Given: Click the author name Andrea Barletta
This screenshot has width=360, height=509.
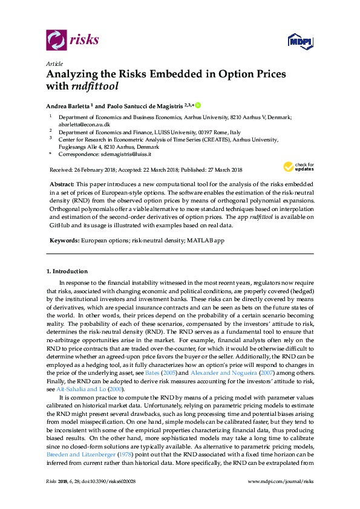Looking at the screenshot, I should click(70, 105).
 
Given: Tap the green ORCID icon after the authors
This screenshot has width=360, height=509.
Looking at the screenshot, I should click(197, 104).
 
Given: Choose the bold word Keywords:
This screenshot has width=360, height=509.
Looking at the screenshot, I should click(64, 240).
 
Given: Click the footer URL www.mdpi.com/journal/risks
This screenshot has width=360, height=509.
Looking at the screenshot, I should click(281, 497).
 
